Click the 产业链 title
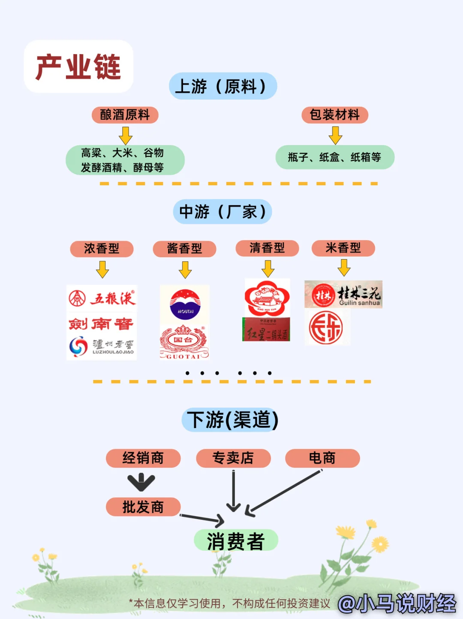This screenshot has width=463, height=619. [78, 67]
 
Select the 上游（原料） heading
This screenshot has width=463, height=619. [223, 86]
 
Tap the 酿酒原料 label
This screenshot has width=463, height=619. [125, 115]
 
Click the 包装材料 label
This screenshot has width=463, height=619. [335, 115]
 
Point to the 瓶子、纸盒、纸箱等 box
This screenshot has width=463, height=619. [335, 157]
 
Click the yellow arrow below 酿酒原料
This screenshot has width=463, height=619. [126, 135]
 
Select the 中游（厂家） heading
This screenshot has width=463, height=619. [222, 211]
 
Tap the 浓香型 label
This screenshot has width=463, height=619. [102, 249]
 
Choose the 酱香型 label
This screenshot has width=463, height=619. [184, 249]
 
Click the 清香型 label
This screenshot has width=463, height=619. [267, 248]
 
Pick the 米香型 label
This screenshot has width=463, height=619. [343, 248]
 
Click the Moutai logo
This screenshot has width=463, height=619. [185, 305]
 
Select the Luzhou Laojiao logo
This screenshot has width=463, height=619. [102, 347]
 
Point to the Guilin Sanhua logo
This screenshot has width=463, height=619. [343, 294]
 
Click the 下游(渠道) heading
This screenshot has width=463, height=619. [232, 420]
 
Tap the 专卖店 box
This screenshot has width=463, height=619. [233, 458]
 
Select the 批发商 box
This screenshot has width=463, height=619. [143, 507]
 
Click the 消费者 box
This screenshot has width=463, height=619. [236, 540]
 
